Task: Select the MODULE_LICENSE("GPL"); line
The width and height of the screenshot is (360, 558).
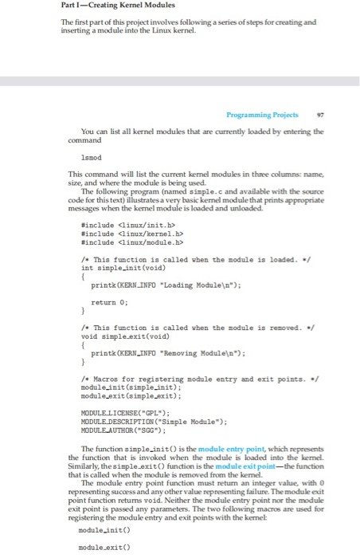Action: click(x=123, y=412)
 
